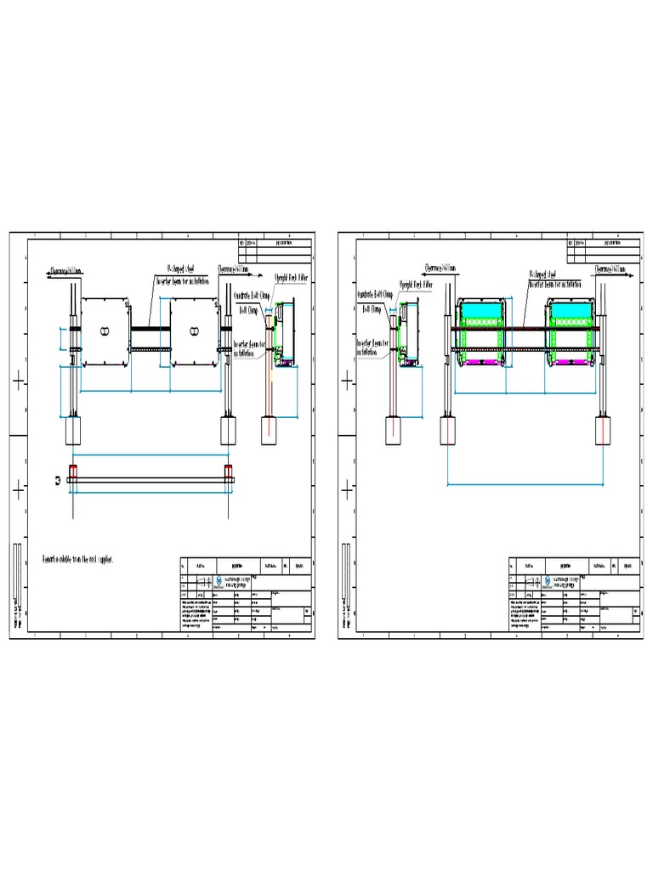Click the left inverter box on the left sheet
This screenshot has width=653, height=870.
pos(104,331)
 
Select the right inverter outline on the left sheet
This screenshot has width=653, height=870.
pos(195,331)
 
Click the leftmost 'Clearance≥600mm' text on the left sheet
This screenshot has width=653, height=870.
pos(66,272)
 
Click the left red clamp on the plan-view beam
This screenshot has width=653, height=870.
pos(73,472)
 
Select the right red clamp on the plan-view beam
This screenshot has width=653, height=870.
pos(228,472)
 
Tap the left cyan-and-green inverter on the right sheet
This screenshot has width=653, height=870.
pos(480,333)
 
